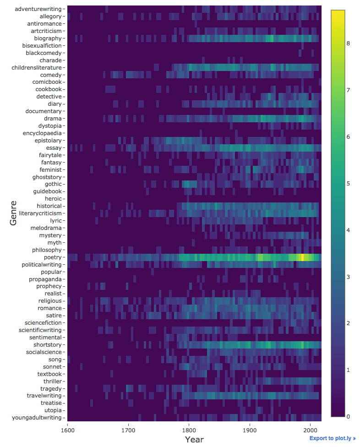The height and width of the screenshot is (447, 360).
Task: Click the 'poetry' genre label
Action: pos(52,257)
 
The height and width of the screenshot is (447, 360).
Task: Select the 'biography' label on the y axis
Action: pos(48,38)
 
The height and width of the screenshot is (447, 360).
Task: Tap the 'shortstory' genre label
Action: pos(47,344)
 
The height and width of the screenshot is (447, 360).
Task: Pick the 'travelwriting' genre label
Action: pos(44,395)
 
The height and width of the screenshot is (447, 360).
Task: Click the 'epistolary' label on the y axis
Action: pos(48,141)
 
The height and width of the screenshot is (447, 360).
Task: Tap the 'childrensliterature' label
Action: pos(37,67)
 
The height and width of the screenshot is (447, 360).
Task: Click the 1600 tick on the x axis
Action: pos(68,430)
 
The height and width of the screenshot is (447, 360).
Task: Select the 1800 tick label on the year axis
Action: pos(189,430)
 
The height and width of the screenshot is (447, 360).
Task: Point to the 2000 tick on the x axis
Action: pos(310,430)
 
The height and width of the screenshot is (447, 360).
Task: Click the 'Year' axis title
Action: pos(194,440)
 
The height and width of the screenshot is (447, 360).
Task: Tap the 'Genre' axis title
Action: pos(13,213)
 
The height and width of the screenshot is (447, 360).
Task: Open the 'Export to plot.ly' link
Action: pos(332,438)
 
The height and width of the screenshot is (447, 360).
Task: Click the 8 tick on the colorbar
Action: pos(348,44)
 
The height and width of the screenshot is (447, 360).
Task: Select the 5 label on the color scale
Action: pos(348,184)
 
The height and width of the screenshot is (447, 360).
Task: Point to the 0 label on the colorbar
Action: pos(348,416)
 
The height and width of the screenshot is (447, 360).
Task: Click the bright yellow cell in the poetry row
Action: pos(302,257)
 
